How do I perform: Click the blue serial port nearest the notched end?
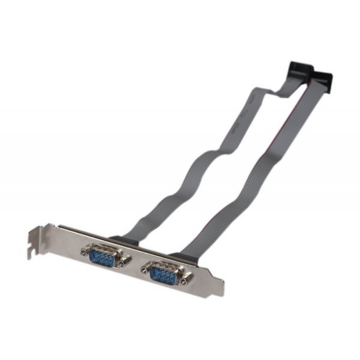pos(102,255)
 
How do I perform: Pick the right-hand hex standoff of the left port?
pos(122,261)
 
